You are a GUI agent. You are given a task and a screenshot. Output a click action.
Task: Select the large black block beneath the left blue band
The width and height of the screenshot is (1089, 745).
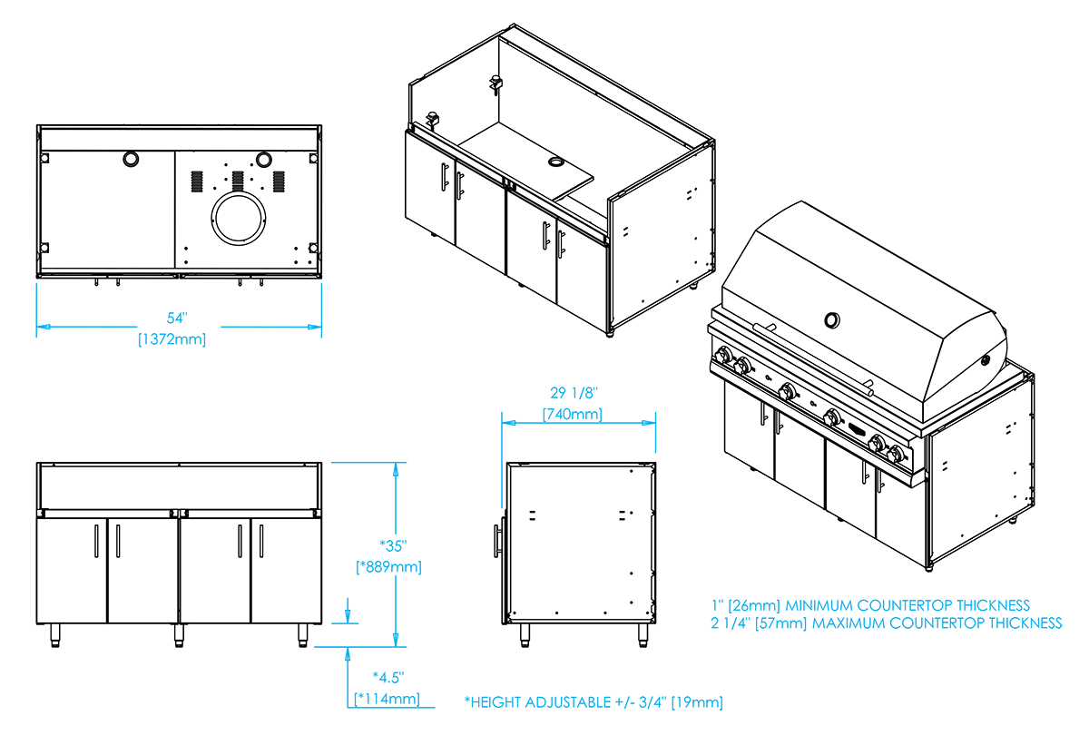click(172, 544)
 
